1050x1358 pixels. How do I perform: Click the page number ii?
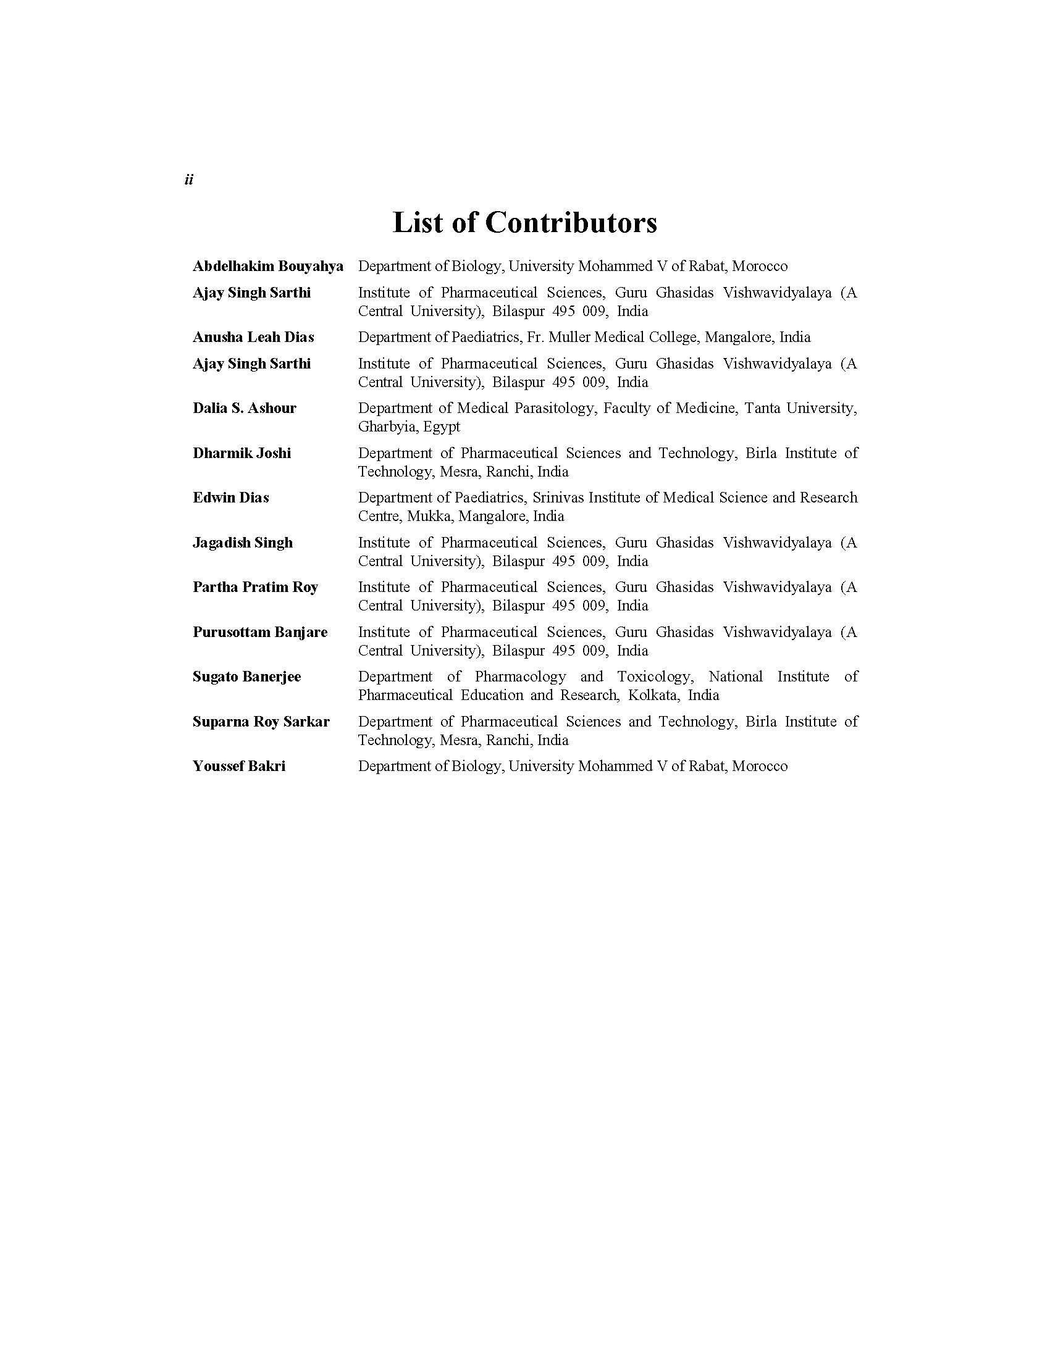pos(189,180)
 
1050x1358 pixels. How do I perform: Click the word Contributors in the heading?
pos(571,223)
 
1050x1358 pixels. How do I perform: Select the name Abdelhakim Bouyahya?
pos(267,266)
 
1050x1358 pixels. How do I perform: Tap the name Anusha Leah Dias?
pos(253,337)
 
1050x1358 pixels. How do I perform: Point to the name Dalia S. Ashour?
pos(245,408)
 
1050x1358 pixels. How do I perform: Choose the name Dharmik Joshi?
pos(242,452)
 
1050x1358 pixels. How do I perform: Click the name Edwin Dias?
pos(231,498)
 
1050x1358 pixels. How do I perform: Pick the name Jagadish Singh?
pos(243,542)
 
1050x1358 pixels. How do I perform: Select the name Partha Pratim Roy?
pos(255,587)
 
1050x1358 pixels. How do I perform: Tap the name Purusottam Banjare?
pos(260,631)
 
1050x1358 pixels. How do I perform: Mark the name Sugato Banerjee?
pos(246,677)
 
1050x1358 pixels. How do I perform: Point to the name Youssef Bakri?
pos(239,766)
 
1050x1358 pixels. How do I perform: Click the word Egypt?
pos(442,427)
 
